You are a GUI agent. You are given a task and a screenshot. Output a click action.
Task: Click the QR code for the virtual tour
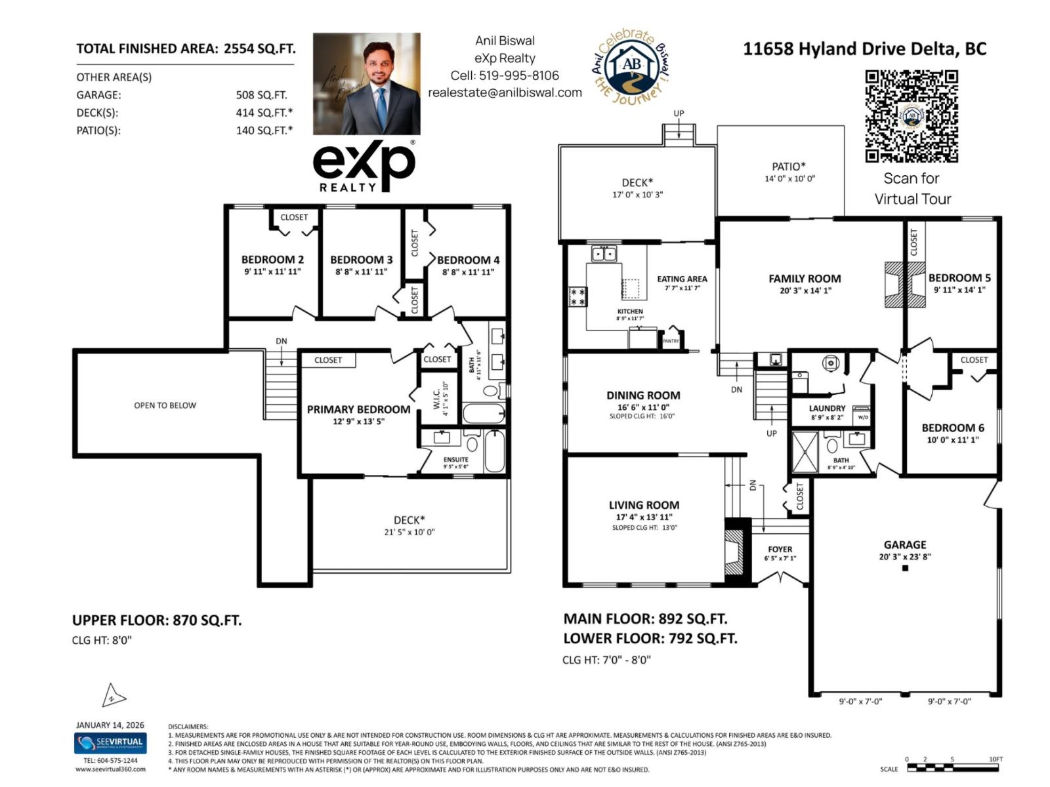pyautogui.click(x=912, y=116)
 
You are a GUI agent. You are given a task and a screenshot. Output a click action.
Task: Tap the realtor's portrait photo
pyautogui.click(x=366, y=84)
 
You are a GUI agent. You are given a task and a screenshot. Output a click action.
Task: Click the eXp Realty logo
pyautogui.click(x=364, y=167)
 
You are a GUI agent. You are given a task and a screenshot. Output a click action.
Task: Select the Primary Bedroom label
pyautogui.click(x=358, y=409)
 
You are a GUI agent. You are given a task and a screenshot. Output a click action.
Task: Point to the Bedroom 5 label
pyautogui.click(x=959, y=278)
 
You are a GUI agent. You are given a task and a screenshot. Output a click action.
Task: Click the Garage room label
pyautogui.click(x=905, y=544)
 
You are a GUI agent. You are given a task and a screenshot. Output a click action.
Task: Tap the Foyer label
pyautogui.click(x=780, y=549)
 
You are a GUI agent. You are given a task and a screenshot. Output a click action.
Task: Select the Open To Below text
pyautogui.click(x=165, y=405)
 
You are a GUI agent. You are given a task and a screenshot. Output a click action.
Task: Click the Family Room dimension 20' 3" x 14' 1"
pyautogui.click(x=805, y=291)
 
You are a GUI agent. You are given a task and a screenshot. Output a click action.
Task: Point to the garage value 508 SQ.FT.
pyautogui.click(x=261, y=95)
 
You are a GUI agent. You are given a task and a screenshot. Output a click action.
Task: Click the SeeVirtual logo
pyautogui.click(x=110, y=743)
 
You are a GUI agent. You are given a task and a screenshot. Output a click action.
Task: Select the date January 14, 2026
pyautogui.click(x=110, y=725)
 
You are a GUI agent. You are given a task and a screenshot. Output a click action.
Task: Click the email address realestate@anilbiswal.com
pyautogui.click(x=505, y=92)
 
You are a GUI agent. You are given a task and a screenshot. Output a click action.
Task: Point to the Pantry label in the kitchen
pyautogui.click(x=671, y=341)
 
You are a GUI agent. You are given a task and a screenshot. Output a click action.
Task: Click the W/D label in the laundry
pyautogui.click(x=862, y=417)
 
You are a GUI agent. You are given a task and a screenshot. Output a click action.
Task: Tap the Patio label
pyautogui.click(x=788, y=167)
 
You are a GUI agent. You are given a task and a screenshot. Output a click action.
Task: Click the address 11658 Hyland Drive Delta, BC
pyautogui.click(x=864, y=49)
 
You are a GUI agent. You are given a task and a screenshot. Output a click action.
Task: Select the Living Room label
pyautogui.click(x=644, y=505)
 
